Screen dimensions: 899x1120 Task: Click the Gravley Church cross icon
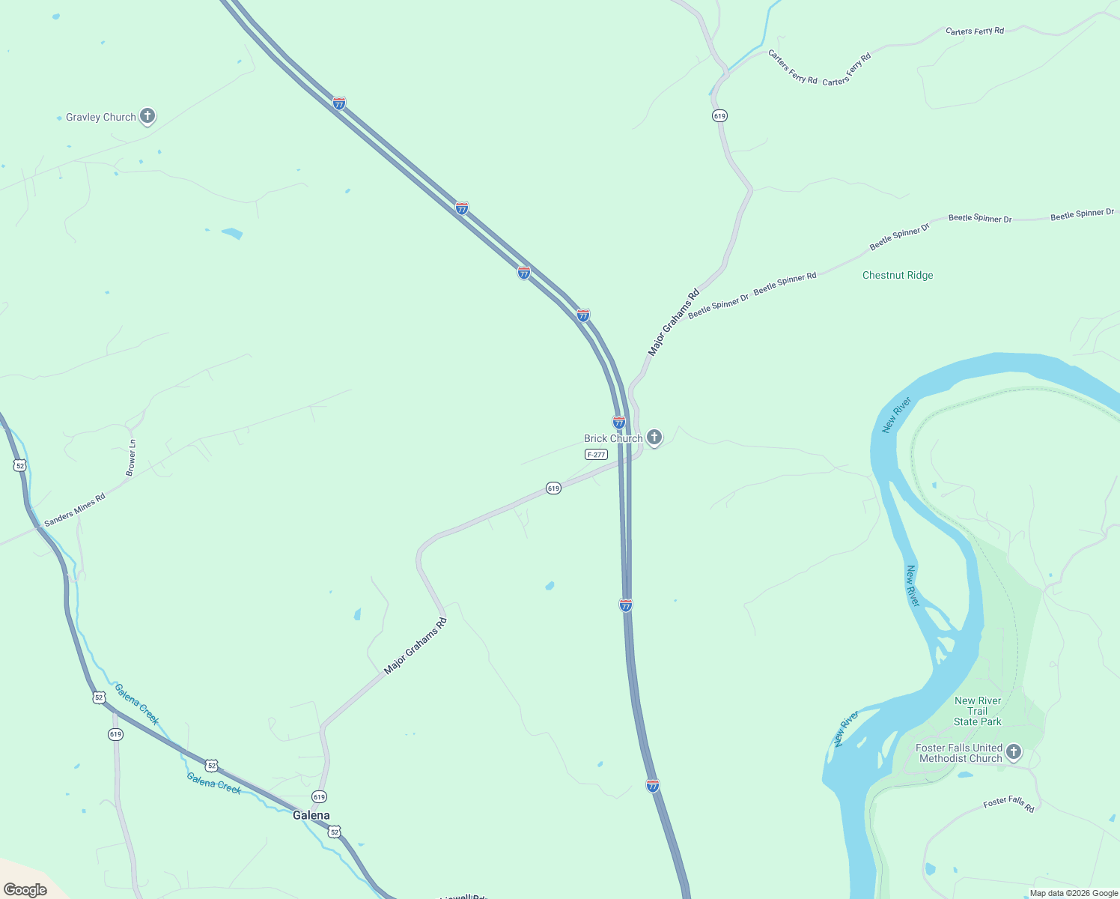pos(147,115)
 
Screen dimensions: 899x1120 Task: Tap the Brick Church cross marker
pos(654,437)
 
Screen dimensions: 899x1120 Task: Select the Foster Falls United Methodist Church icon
pos(1014,751)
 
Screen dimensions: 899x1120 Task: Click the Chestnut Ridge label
pos(898,275)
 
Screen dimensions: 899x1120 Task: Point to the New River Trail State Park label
pos(978,711)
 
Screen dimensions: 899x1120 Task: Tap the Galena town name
pos(311,815)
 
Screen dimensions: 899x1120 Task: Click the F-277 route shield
pos(596,455)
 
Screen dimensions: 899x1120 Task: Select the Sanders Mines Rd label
pos(75,510)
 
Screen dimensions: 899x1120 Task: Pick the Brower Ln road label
pos(132,458)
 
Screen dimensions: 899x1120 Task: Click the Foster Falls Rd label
pos(1008,804)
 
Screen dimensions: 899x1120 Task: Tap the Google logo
pos(25,889)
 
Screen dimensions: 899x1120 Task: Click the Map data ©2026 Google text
pos(1074,893)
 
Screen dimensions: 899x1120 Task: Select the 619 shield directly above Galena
pos(320,796)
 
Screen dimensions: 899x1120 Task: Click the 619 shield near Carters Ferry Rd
pos(719,116)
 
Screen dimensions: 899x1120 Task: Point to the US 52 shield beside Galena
pos(335,832)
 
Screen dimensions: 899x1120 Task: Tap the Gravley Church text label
pos(101,117)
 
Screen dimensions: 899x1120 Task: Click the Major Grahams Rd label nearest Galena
pos(415,646)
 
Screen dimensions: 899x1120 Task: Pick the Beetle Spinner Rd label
pos(785,284)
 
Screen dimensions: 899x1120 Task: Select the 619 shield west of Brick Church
pos(553,488)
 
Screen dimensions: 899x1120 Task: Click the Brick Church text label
pos(613,438)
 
